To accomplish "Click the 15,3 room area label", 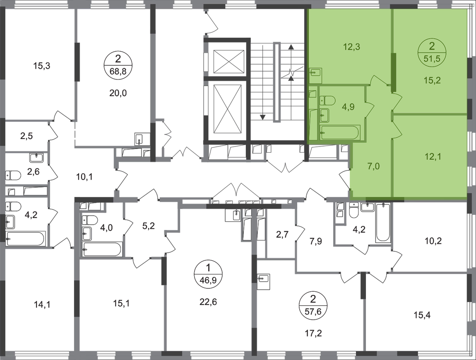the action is coord(41,65).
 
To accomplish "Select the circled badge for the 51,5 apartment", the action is coord(432,52).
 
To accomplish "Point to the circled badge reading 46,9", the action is coord(208,274).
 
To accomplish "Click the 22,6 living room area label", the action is coord(208,302).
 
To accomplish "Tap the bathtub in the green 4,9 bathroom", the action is coord(340,133).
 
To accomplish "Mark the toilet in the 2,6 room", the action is coord(13,175).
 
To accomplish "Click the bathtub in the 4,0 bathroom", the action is coord(102,250).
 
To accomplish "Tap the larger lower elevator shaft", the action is coord(229,109).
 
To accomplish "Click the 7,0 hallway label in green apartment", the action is coord(373,166).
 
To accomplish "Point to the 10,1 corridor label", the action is coord(84,177).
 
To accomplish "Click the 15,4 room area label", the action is coord(422,315).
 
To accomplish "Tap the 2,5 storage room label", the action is coord(26,136).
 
